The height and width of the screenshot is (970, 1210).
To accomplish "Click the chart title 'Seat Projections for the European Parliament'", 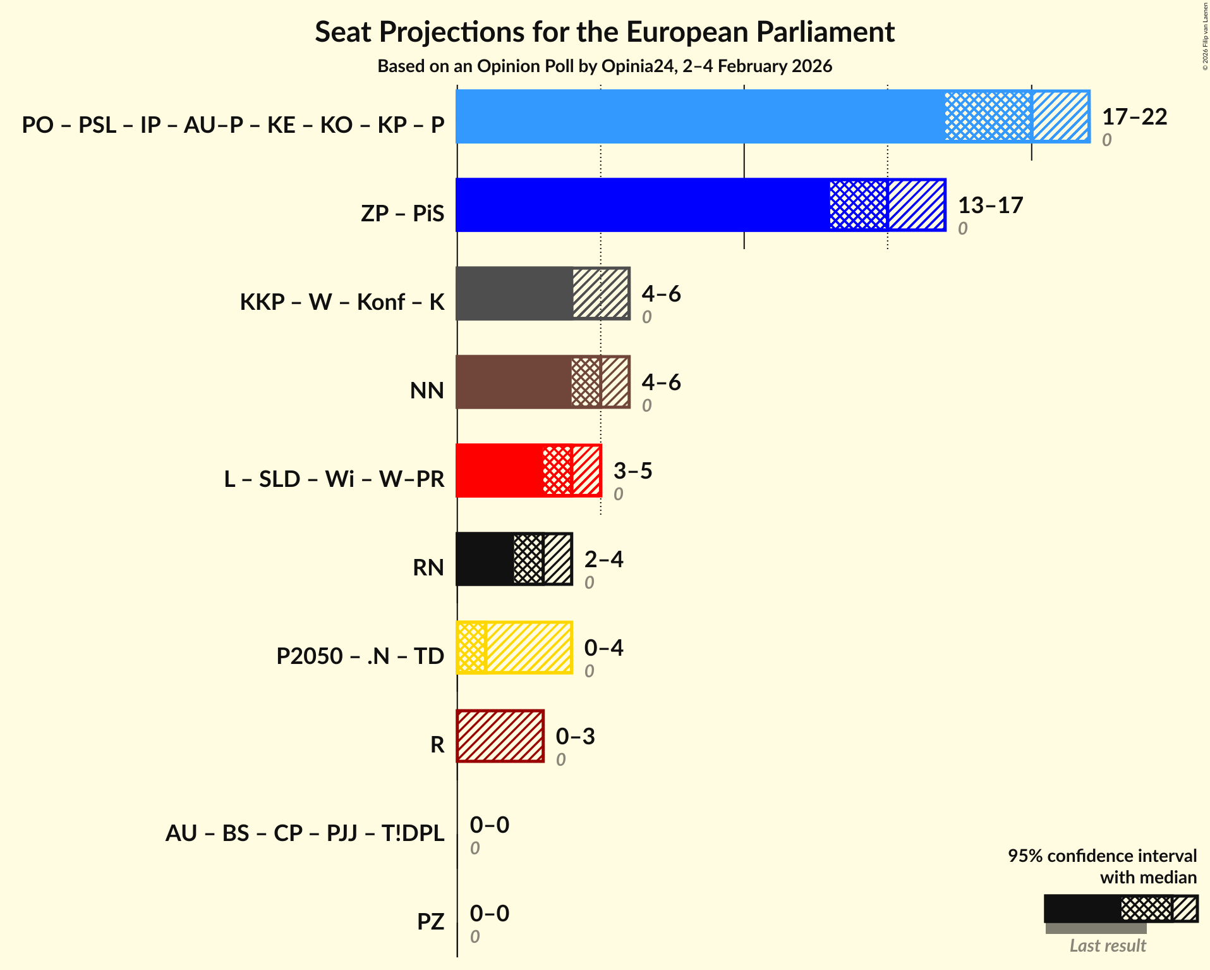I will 605,32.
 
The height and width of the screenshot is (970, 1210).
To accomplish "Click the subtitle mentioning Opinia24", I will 605,66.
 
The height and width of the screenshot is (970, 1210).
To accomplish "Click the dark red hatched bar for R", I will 500,736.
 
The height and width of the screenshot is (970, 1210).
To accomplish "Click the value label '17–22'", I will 1134,117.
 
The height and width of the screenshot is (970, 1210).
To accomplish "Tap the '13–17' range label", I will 990,206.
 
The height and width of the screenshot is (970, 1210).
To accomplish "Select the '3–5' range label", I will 632,471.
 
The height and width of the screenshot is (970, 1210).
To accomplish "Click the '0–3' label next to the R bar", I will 575,737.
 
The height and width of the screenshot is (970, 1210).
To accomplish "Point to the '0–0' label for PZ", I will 489,914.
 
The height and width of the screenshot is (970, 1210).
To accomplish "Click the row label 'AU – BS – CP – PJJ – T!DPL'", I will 305,833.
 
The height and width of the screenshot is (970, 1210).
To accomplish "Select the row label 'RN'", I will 428,567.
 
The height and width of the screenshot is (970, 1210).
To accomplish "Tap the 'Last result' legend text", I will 1107,945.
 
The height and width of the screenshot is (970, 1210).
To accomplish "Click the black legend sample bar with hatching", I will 1120,909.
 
